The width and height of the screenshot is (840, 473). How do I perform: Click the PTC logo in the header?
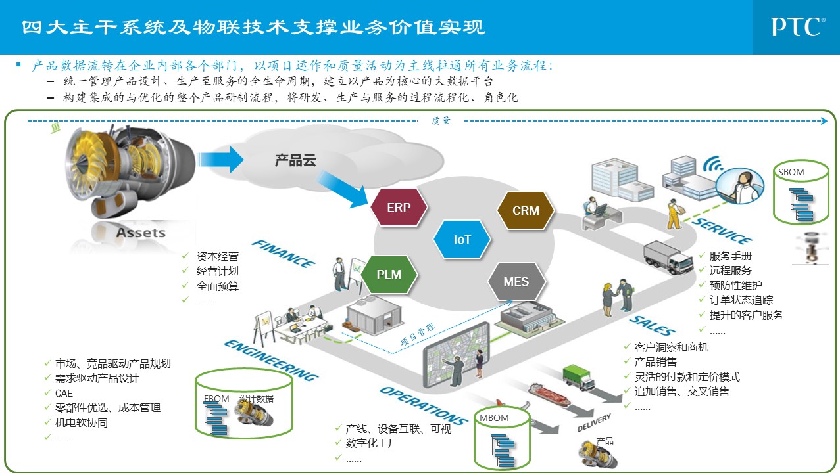pyautogui.click(x=797, y=27)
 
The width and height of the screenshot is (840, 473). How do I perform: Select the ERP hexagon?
pyautogui.click(x=399, y=208)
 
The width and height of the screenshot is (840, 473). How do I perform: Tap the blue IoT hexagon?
pyautogui.click(x=462, y=240)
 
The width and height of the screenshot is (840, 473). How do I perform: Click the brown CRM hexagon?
pyautogui.click(x=526, y=211)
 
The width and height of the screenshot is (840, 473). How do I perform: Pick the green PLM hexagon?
pyautogui.click(x=389, y=274)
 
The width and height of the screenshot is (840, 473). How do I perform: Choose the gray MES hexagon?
pyautogui.click(x=516, y=282)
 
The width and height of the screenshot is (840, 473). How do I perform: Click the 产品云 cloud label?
pyautogui.click(x=296, y=160)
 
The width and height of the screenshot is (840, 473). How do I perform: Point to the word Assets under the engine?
pyautogui.click(x=141, y=233)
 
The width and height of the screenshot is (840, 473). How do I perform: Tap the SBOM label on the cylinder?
pyautogui.click(x=791, y=173)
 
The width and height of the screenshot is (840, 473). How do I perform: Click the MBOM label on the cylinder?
pyautogui.click(x=494, y=418)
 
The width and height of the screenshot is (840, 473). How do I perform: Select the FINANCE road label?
pyautogui.click(x=284, y=254)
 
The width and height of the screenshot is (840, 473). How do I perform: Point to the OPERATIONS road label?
pyautogui.click(x=423, y=405)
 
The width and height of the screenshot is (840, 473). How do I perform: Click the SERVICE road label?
pyautogui.click(x=722, y=230)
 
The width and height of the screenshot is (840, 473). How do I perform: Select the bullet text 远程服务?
pyautogui.click(x=730, y=270)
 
